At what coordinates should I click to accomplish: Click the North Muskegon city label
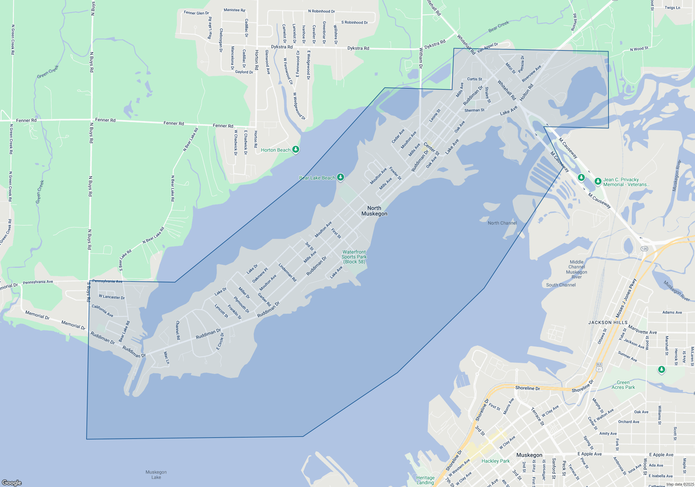[x=374, y=211]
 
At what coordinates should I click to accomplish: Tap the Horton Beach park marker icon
[x=296, y=150]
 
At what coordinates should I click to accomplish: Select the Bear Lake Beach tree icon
[x=341, y=177]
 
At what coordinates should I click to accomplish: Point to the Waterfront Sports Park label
[x=354, y=257]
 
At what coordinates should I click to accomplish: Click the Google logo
[x=12, y=482]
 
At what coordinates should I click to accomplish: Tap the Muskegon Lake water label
[x=156, y=474]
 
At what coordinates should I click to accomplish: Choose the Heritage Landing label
[x=425, y=480]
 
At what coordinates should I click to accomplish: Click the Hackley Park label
[x=496, y=461]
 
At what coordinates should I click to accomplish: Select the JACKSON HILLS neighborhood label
[x=608, y=322]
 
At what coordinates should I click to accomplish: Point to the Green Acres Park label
[x=623, y=385]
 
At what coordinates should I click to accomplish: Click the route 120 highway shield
[x=644, y=249]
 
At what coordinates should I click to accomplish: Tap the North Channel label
[x=502, y=223]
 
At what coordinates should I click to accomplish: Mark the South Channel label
[x=561, y=285]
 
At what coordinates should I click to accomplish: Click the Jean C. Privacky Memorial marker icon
[x=598, y=181]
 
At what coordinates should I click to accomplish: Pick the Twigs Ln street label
[x=672, y=8]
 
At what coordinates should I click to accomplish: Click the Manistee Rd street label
[x=234, y=10]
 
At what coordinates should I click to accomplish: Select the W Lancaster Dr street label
[x=112, y=297]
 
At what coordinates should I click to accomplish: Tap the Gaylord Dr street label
[x=244, y=72]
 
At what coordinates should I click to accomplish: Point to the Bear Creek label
[x=499, y=26]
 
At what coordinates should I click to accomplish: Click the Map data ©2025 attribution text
[x=680, y=484]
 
